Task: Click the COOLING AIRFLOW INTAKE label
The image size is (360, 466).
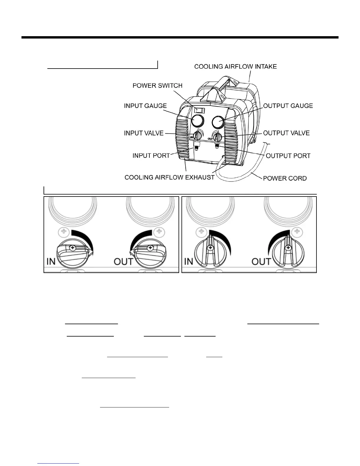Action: [x=235, y=66]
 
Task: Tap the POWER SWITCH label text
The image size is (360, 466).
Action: [x=157, y=86]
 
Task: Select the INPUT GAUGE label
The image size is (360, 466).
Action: [x=145, y=106]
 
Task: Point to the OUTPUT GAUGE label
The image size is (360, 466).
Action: [x=288, y=106]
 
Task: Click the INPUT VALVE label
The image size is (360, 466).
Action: [x=144, y=133]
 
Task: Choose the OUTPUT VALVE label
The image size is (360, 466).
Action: [x=286, y=133]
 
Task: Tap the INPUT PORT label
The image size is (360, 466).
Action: [x=151, y=156]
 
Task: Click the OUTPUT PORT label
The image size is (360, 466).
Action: [x=288, y=156]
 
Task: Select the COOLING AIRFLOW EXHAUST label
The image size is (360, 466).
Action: [x=169, y=177]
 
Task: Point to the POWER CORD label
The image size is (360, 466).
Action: [x=285, y=178]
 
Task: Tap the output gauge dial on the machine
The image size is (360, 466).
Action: [x=218, y=121]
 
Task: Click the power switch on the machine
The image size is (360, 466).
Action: [x=200, y=111]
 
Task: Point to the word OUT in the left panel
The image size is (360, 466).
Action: [x=123, y=261]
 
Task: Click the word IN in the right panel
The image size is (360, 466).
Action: [x=188, y=261]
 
